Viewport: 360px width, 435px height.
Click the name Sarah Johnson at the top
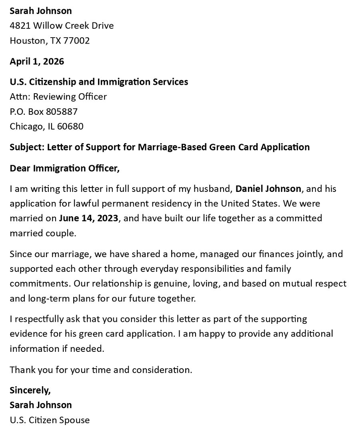point(41,11)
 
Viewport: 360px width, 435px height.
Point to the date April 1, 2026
point(37,61)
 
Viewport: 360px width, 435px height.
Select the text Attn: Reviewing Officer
point(58,96)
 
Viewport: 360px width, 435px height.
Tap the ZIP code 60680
point(70,126)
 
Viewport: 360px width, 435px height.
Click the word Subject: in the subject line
point(27,147)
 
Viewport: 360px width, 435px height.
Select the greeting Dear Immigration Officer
point(64,168)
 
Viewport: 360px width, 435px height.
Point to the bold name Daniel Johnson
point(268,188)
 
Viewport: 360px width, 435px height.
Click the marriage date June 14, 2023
point(88,218)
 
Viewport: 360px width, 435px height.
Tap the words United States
point(250,203)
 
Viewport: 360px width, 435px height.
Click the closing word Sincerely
point(30,390)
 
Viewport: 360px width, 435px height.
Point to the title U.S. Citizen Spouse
point(50,420)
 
